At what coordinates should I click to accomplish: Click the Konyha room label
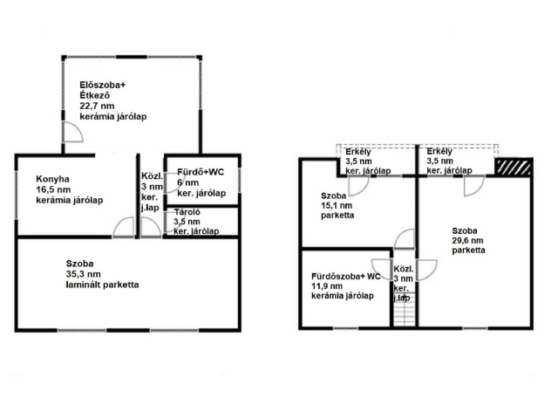tap(52, 179)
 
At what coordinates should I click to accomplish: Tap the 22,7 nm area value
tap(97, 106)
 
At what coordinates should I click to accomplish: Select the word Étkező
tap(95, 95)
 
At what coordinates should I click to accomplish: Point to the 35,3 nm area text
tap(84, 274)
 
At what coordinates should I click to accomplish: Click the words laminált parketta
tap(103, 285)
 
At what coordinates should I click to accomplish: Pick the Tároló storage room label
tap(187, 212)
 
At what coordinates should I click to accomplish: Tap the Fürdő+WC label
tap(201, 172)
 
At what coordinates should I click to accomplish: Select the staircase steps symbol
tap(405, 309)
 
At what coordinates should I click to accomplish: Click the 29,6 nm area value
tap(467, 241)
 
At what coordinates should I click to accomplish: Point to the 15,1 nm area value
tap(337, 205)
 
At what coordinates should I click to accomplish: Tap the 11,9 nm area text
tap(327, 286)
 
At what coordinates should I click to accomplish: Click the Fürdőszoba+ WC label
tap(346, 277)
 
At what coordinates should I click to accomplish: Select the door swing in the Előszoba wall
tap(73, 132)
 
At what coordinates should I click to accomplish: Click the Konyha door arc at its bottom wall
tap(124, 227)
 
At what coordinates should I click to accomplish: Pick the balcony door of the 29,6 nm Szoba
tap(474, 186)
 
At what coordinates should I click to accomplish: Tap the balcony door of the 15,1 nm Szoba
tap(358, 186)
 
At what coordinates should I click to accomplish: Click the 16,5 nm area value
tap(53, 189)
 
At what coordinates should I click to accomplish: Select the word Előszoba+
tap(103, 86)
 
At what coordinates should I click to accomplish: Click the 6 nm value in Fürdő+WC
tap(188, 182)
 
